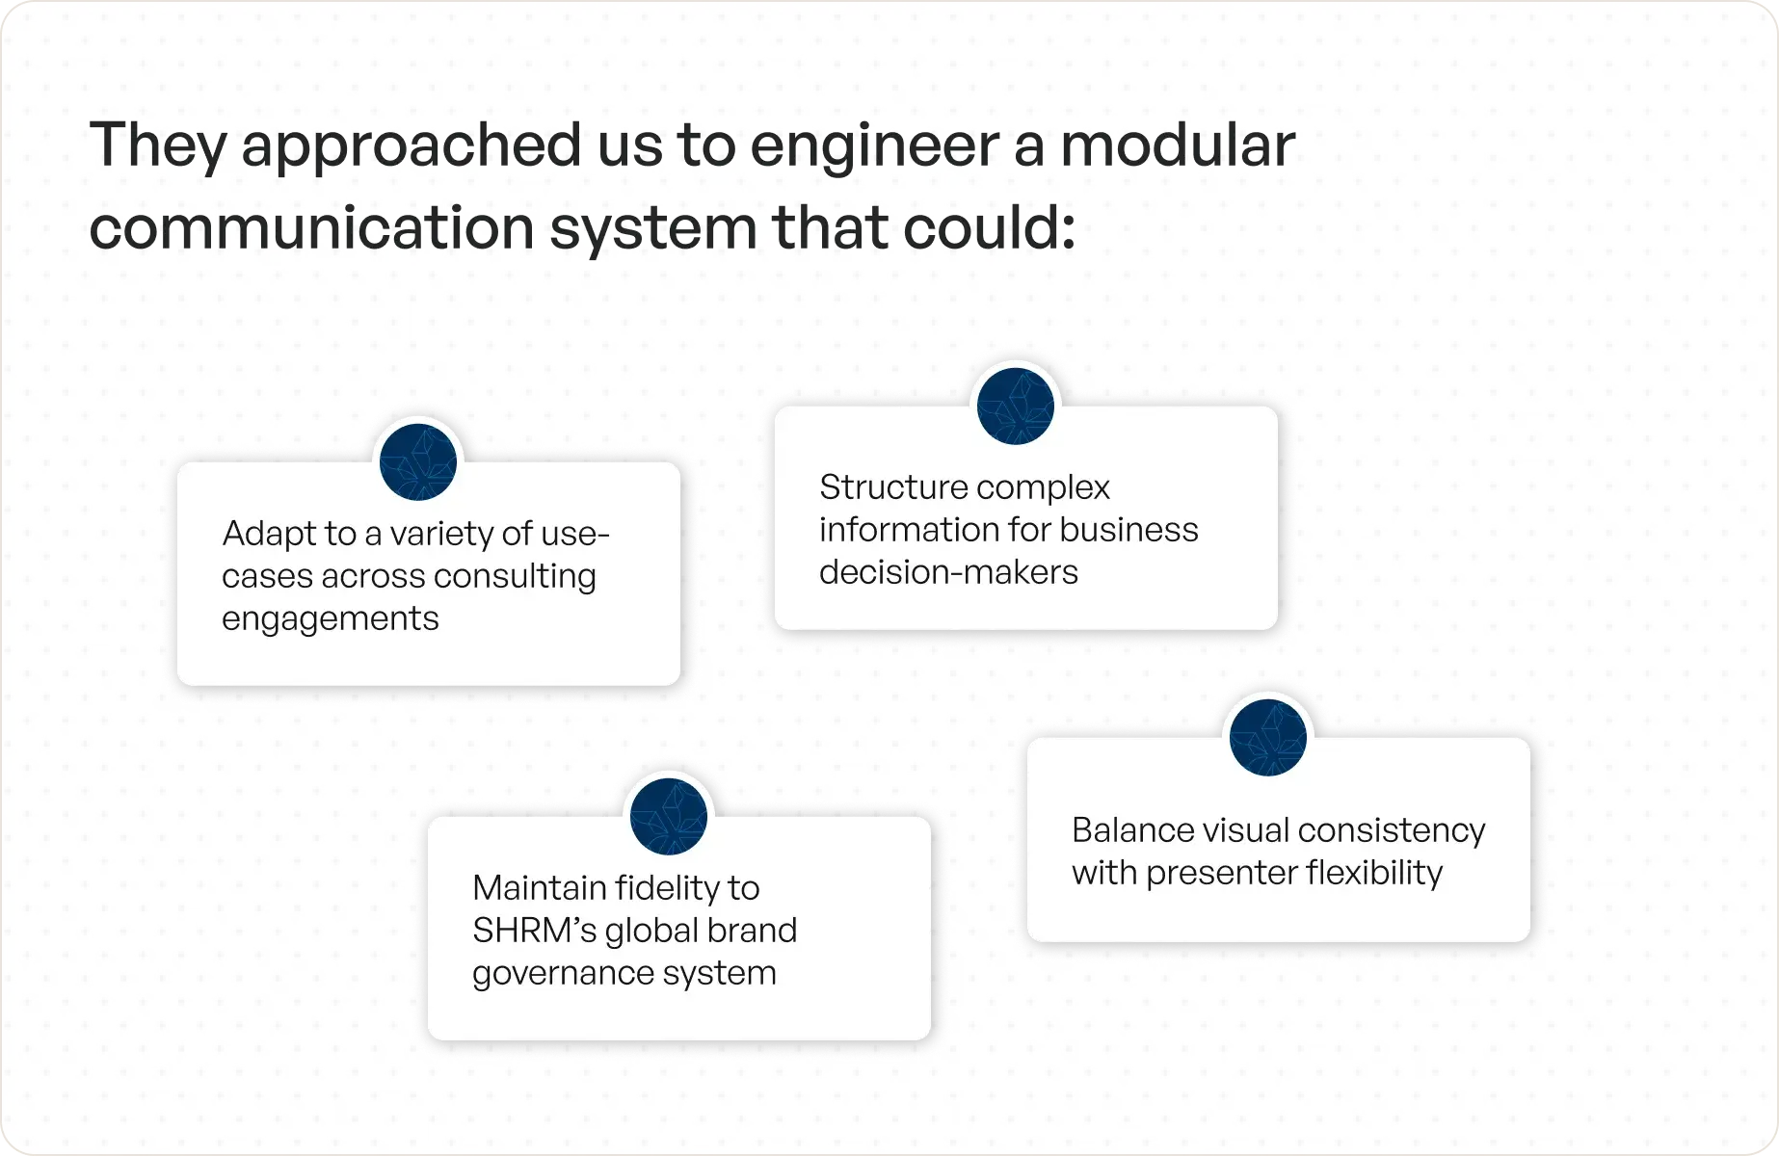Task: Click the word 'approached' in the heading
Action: (x=410, y=146)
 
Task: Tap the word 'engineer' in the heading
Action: (x=872, y=146)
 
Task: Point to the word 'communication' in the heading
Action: (x=311, y=229)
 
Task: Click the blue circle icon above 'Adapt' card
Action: (x=418, y=462)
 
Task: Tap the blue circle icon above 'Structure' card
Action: (x=1015, y=407)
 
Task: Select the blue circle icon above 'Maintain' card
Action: (x=668, y=817)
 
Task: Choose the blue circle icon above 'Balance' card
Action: (x=1268, y=738)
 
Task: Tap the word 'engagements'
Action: (x=331, y=619)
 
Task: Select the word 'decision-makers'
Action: (x=948, y=572)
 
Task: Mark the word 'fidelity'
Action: (x=650, y=888)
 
